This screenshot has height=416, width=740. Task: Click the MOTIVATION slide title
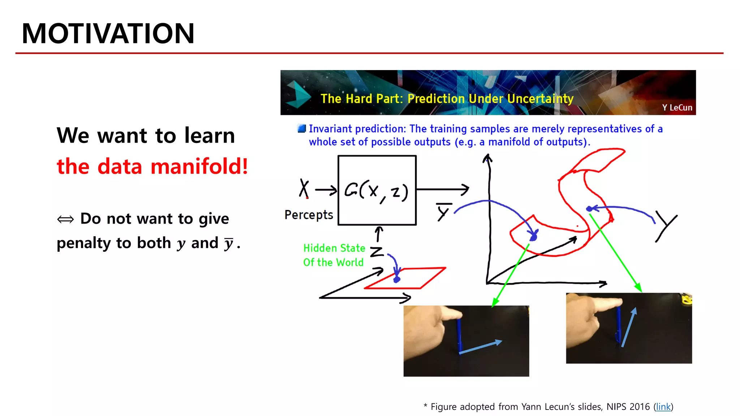pyautogui.click(x=108, y=34)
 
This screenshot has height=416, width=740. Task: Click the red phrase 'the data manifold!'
pyautogui.click(x=152, y=166)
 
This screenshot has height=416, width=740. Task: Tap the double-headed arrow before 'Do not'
pyautogui.click(x=65, y=219)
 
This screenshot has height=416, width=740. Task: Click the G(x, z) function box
pyautogui.click(x=377, y=190)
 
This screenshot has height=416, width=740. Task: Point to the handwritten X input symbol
pyautogui.click(x=304, y=188)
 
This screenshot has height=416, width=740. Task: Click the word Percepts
pyautogui.click(x=309, y=215)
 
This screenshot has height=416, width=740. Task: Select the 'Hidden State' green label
pyautogui.click(x=334, y=248)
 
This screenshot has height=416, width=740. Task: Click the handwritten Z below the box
pyautogui.click(x=377, y=251)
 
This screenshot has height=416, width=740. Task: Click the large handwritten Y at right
pyautogui.click(x=666, y=226)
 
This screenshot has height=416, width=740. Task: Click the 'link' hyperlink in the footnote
pyautogui.click(x=663, y=407)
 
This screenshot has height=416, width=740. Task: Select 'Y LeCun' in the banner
pyautogui.click(x=677, y=108)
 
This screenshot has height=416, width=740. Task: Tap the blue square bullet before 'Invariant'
pyautogui.click(x=301, y=129)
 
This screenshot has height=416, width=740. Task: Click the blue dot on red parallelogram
pyautogui.click(x=397, y=279)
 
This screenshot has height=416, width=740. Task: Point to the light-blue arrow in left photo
pyautogui.click(x=481, y=347)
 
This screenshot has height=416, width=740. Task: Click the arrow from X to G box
pyautogui.click(x=326, y=190)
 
